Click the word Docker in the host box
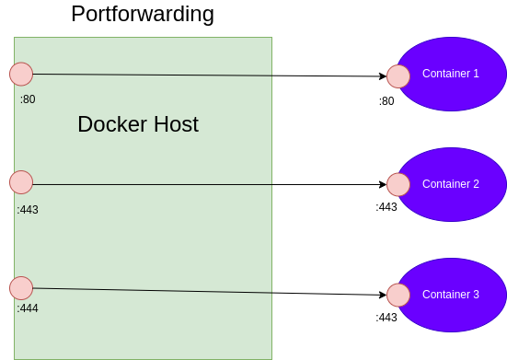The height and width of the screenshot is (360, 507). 109,124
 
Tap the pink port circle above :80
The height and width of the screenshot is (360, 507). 21,75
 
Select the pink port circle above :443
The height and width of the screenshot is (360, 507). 21,182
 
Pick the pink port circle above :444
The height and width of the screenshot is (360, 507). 21,288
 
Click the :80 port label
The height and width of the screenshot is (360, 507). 28,99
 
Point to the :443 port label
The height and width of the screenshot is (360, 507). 28,210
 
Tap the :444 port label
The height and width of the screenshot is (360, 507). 28,308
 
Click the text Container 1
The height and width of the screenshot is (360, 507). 450,74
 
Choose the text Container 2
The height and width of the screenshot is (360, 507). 450,184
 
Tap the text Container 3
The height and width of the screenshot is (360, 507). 450,295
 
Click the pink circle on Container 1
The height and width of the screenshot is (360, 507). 398,76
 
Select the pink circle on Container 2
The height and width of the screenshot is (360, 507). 398,184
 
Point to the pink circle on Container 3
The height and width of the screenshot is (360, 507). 398,295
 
